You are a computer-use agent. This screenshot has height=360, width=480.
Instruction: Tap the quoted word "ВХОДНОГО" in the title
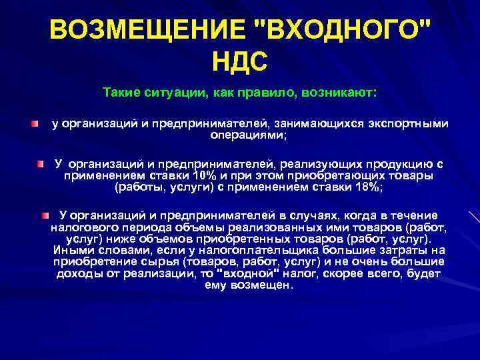point(339,31)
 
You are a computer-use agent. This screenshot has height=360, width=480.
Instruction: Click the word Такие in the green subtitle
point(121,91)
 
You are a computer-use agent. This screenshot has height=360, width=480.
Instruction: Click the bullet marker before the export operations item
point(34,124)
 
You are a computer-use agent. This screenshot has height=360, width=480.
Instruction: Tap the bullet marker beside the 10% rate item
point(40,163)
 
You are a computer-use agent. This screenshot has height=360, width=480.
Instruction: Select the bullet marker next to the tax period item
point(45,215)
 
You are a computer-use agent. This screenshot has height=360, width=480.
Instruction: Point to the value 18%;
point(367,187)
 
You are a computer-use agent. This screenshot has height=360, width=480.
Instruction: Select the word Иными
point(73,250)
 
